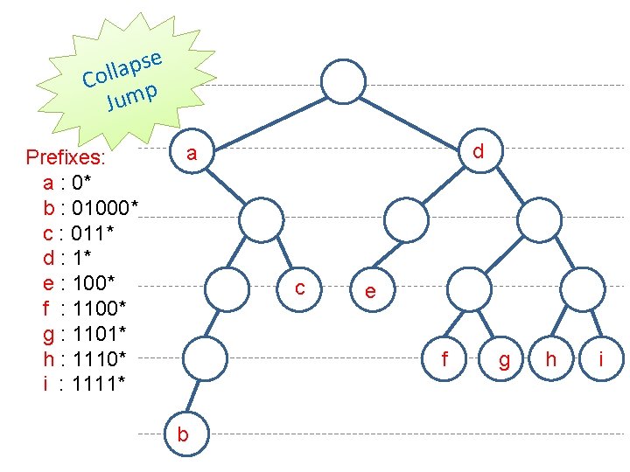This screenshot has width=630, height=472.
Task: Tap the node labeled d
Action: pyautogui.click(x=478, y=151)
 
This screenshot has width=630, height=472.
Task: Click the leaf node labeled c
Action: pyautogui.click(x=300, y=287)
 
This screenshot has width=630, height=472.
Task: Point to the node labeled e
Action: pyautogui.click(x=371, y=291)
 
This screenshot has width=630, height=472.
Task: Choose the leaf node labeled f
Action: pyautogui.click(x=445, y=357)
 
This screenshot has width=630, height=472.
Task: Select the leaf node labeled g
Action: pyautogui.click(x=504, y=359)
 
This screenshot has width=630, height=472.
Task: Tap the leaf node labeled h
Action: pyautogui.click(x=551, y=357)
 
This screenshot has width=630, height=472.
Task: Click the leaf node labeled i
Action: pyautogui.click(x=602, y=358)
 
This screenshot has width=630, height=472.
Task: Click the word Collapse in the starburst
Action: pyautogui.click(x=123, y=68)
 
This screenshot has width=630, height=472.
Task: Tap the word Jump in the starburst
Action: pyautogui.click(x=132, y=95)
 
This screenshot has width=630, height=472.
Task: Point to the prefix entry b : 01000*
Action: pyautogui.click(x=90, y=208)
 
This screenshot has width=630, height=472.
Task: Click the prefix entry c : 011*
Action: pyautogui.click(x=79, y=233)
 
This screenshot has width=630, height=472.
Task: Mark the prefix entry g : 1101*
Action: pyautogui.click(x=85, y=333)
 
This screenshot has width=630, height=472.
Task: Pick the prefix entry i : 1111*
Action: pyautogui.click(x=84, y=383)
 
